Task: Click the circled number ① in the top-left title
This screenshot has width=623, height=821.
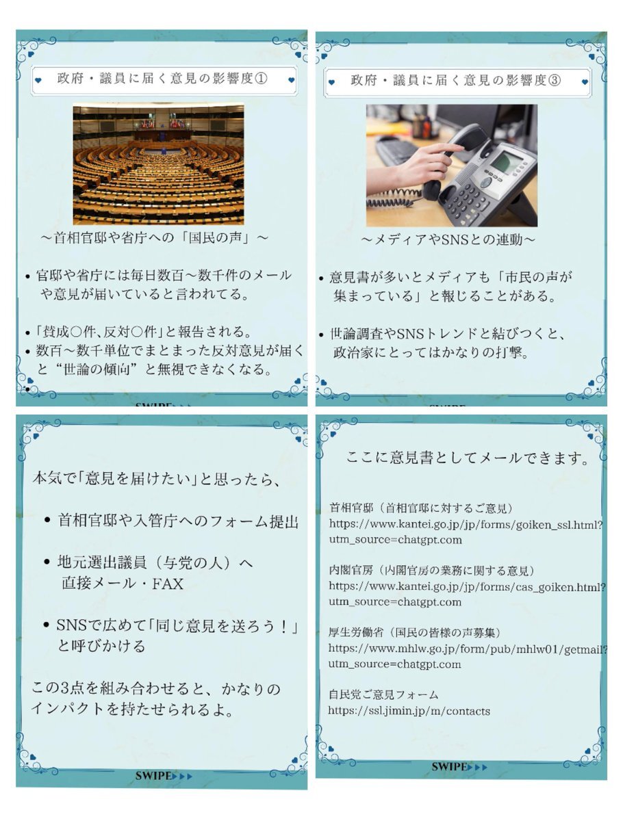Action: pyautogui.click(x=261, y=79)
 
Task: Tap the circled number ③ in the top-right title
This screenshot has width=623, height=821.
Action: pyautogui.click(x=554, y=81)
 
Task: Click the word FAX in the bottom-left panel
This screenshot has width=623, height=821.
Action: pyautogui.click(x=168, y=584)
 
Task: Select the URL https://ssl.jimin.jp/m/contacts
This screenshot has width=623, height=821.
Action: pyautogui.click(x=409, y=710)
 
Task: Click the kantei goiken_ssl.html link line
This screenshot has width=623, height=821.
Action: pyautogui.click(x=466, y=524)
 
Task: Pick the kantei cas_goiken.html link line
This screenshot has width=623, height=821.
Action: pyautogui.click(x=467, y=586)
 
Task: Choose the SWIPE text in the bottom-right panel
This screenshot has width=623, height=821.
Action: pyautogui.click(x=449, y=767)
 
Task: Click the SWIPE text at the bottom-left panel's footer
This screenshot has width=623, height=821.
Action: pyautogui.click(x=153, y=776)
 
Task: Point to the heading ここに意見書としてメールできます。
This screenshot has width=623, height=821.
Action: pyautogui.click(x=467, y=458)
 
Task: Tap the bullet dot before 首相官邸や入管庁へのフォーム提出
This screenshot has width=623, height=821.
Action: pyautogui.click(x=47, y=520)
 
